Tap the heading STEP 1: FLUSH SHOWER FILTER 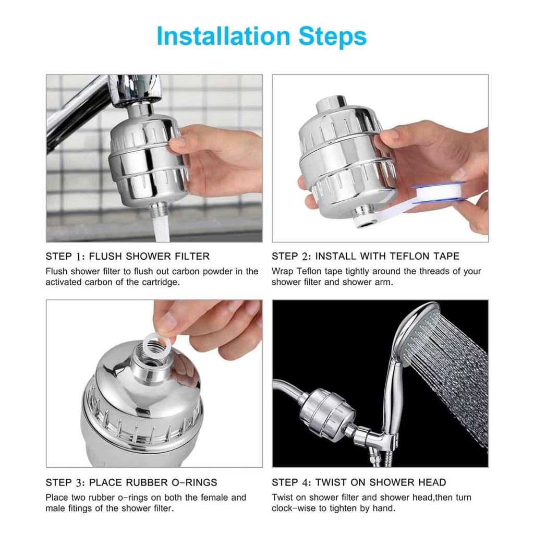pos(127,256)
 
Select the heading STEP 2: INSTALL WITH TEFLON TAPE pos(366,256)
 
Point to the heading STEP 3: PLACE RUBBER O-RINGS pos(131,482)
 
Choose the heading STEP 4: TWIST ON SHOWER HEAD pos(359,482)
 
